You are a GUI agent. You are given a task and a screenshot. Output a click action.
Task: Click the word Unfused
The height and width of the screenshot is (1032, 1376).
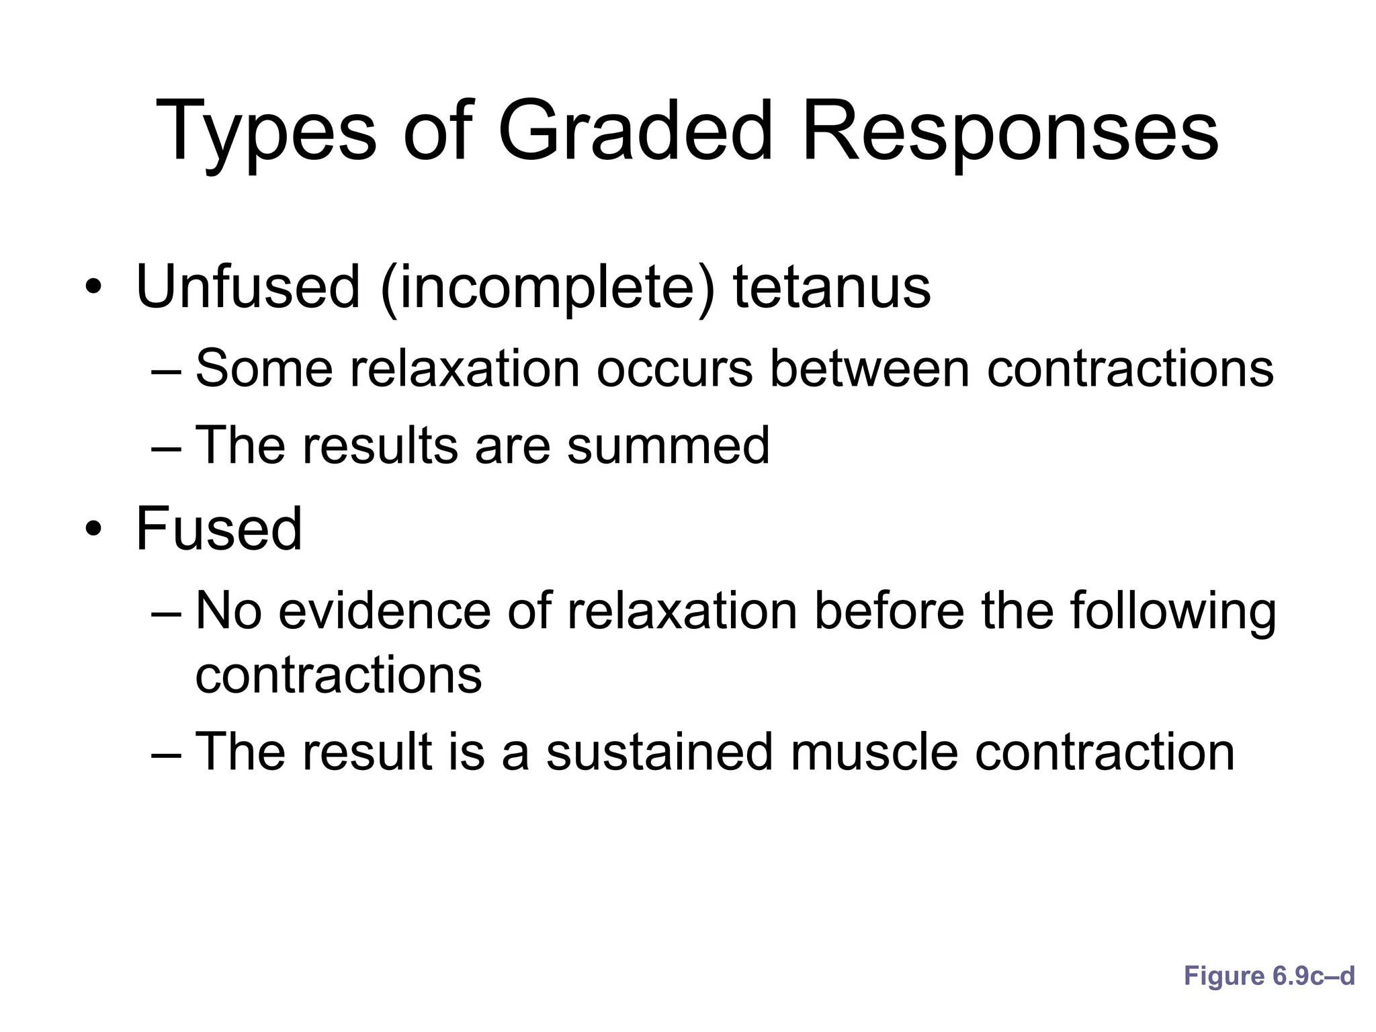click(x=248, y=287)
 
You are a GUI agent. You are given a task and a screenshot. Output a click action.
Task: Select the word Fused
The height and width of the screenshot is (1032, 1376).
click(x=219, y=529)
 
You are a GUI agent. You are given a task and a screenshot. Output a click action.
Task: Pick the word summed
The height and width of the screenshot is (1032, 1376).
click(x=668, y=445)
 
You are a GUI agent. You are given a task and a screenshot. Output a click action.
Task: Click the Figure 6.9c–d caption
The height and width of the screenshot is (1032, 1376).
click(x=1268, y=976)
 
